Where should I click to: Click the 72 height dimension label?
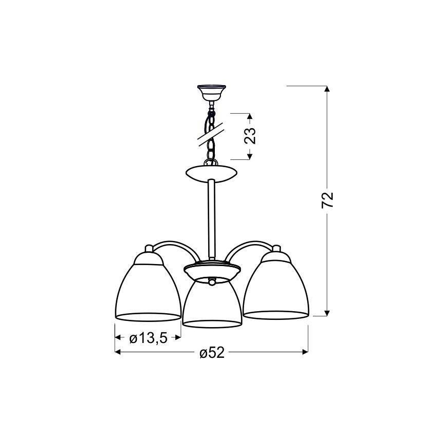pos(327,200)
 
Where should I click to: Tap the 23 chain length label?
pos(250,136)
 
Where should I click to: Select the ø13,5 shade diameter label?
pos(148,338)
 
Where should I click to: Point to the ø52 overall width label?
pos(212,353)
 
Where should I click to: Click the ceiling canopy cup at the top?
pos(211,92)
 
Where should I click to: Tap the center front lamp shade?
pos(211,304)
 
